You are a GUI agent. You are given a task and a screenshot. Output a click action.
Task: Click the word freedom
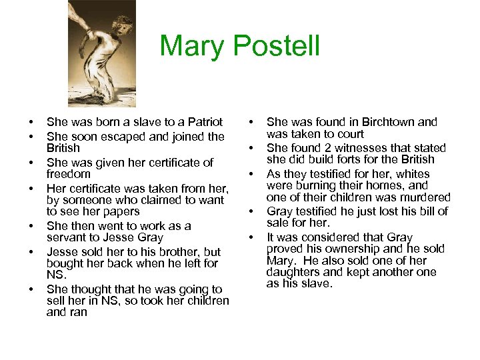click(x=68, y=174)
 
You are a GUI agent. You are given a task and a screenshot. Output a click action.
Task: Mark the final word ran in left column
click(x=77, y=313)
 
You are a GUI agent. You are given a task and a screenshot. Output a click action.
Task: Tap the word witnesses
click(x=369, y=147)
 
